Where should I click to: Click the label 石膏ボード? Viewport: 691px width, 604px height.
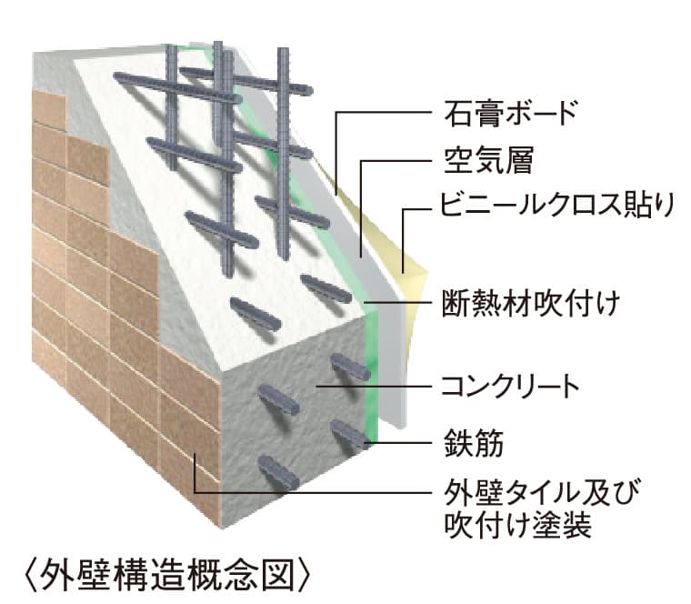[510, 114]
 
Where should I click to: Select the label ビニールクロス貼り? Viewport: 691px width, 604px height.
[557, 205]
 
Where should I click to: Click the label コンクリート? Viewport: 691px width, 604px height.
[510, 387]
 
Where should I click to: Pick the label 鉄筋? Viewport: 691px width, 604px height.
[474, 442]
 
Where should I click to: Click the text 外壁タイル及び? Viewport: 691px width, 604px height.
[541, 492]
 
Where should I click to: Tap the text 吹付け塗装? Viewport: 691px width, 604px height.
[517, 525]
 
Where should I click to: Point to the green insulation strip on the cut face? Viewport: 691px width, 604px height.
[373, 375]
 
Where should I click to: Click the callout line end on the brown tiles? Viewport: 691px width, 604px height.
[195, 454]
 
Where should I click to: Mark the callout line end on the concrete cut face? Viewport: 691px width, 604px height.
[318, 387]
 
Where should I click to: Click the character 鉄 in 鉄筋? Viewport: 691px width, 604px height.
[458, 442]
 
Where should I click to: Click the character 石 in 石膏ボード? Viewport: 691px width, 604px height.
[457, 114]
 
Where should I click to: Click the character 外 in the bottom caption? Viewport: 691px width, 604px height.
[56, 575]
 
